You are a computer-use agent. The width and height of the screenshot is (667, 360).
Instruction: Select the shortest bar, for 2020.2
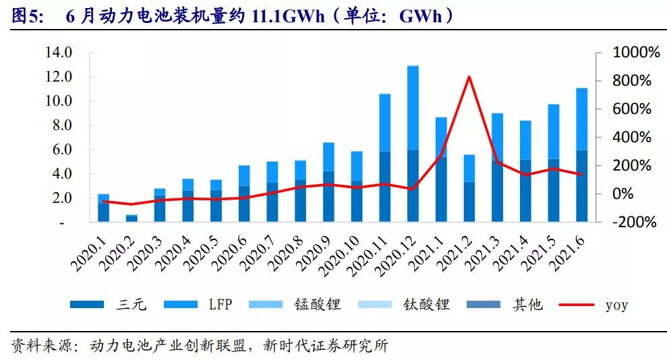[132, 218]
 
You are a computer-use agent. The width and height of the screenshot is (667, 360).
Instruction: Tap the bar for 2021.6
[581, 155]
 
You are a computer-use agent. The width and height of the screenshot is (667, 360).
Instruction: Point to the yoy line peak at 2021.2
[469, 77]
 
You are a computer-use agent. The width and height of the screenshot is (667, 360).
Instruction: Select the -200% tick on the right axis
[633, 222]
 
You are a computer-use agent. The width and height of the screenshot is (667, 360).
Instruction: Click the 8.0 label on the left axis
[61, 125]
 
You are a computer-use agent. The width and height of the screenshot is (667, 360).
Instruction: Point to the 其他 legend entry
[527, 305]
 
